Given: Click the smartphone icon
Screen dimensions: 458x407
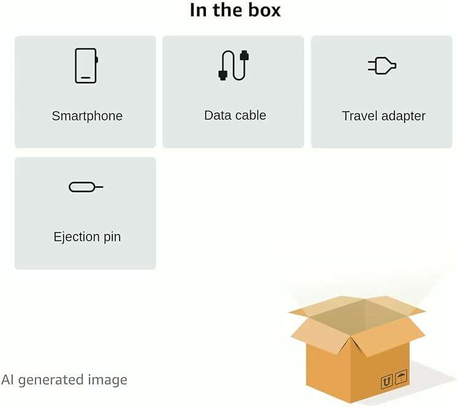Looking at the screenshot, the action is coord(86,66).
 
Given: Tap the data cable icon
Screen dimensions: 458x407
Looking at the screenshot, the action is coord(234,66).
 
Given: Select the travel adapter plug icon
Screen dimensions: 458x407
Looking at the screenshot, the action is coord(382,66).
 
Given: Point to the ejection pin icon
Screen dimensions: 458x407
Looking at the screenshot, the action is coord(86,187).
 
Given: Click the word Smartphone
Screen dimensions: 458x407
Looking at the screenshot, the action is coord(87,116).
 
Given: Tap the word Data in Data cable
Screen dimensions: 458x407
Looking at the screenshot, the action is coord(216,115).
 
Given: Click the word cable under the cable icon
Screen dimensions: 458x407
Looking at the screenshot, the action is coord(248,115).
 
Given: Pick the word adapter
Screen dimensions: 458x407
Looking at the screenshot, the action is coord(403,116).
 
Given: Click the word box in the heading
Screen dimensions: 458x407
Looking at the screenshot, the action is coord(265,10).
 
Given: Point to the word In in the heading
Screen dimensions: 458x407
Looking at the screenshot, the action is coord(199,10).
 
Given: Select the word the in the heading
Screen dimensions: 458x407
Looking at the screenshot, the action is coord(227,10).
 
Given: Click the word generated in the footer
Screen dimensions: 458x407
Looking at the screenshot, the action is coord(51,381).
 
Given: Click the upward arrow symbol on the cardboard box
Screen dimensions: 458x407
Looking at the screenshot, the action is coord(387,382).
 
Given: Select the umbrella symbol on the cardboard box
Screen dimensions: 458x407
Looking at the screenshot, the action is coord(401,377).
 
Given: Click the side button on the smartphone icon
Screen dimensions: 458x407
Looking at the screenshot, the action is coord(97,59).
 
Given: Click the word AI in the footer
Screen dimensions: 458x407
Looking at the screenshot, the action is coord(7,380).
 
